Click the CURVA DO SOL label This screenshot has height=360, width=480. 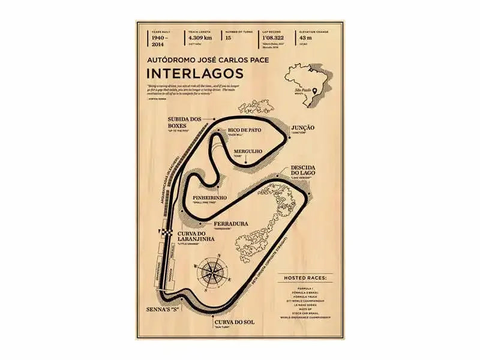click(x=235, y=322)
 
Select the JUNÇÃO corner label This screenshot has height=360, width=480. click(x=303, y=128)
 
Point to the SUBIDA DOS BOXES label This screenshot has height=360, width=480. click(x=184, y=122)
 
